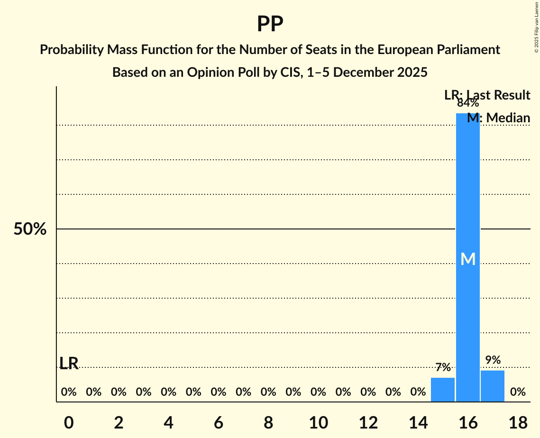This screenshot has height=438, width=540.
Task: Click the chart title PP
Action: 270,24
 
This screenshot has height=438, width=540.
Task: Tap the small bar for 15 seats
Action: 443,390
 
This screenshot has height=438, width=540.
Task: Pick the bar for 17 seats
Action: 493,386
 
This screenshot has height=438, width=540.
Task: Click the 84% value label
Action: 467,103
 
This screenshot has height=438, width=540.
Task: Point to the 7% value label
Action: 443,367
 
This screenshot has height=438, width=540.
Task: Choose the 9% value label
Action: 493,360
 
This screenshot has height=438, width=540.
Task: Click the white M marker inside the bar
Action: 467,259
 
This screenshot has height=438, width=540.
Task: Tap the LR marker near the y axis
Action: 69,363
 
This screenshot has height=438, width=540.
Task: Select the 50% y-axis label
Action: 30,229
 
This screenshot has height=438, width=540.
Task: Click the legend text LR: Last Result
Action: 487,95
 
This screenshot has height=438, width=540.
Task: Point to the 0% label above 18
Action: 517,392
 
